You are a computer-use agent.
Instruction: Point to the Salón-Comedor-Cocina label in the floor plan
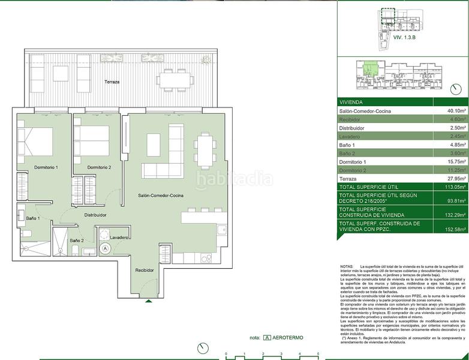pos(161,196)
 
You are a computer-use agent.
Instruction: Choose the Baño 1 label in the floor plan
pos(34,218)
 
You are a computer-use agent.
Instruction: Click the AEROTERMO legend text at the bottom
pos(288,338)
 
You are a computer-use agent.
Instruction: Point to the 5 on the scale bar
pos(318,355)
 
